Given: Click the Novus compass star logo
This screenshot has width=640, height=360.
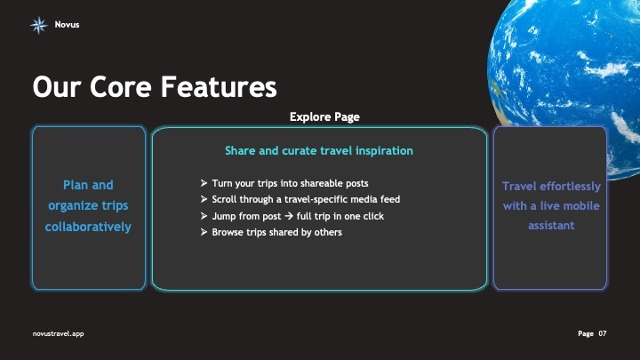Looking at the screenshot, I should [38, 25].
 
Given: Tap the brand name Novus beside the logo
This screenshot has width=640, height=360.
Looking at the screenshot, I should [67, 25].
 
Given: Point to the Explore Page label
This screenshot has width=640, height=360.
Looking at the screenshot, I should [324, 116].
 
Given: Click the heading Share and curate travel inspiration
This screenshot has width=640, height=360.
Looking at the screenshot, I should [318, 151].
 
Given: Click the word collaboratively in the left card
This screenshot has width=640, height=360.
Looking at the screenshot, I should [88, 227].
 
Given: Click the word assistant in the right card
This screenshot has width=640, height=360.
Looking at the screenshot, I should [551, 226].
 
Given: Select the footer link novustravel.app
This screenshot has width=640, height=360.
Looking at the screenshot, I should [58, 333].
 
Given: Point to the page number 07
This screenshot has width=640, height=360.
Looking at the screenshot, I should [603, 333].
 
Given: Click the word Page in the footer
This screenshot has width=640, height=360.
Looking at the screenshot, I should [585, 333].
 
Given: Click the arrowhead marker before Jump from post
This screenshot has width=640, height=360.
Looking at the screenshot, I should [204, 216].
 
